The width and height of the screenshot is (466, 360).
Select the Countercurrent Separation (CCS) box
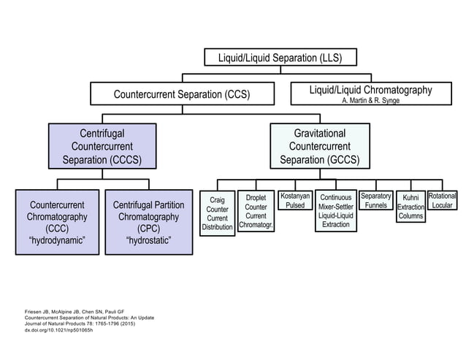point(183,94)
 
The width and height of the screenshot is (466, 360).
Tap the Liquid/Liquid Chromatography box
point(370,94)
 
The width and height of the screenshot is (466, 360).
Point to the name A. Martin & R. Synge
point(370,101)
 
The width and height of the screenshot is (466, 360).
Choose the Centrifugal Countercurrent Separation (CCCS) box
point(102,146)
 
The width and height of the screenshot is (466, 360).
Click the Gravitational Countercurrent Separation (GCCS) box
point(319,146)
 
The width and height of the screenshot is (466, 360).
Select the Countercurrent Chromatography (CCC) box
point(57,222)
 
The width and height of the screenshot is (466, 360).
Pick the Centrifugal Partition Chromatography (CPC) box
point(148,222)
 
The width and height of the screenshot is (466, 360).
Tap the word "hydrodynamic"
point(57,240)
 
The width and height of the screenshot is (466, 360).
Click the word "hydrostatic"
point(148,240)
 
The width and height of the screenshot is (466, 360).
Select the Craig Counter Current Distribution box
point(218,213)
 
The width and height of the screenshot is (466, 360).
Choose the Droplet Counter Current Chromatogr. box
point(256,211)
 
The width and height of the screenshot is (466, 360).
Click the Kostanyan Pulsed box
point(295,202)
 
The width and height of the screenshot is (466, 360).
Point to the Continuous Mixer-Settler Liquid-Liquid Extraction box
point(336,211)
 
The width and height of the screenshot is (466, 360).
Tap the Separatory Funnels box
point(376,202)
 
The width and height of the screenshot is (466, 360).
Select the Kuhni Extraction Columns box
point(411,207)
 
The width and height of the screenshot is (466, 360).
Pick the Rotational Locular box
point(443,202)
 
